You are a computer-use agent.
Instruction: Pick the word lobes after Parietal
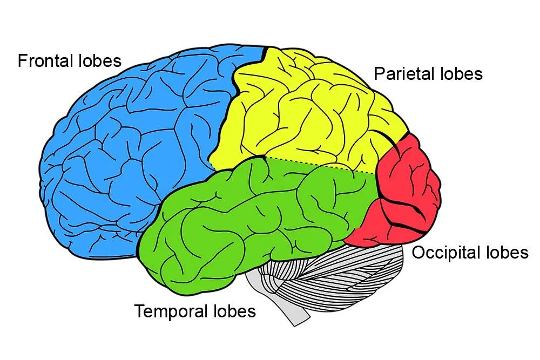(x=462, y=73)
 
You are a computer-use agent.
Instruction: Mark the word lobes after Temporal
(x=232, y=311)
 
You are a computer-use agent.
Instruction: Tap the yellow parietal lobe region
(x=302, y=113)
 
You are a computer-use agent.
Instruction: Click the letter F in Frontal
(x=22, y=60)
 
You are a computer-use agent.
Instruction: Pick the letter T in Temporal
(x=139, y=311)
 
